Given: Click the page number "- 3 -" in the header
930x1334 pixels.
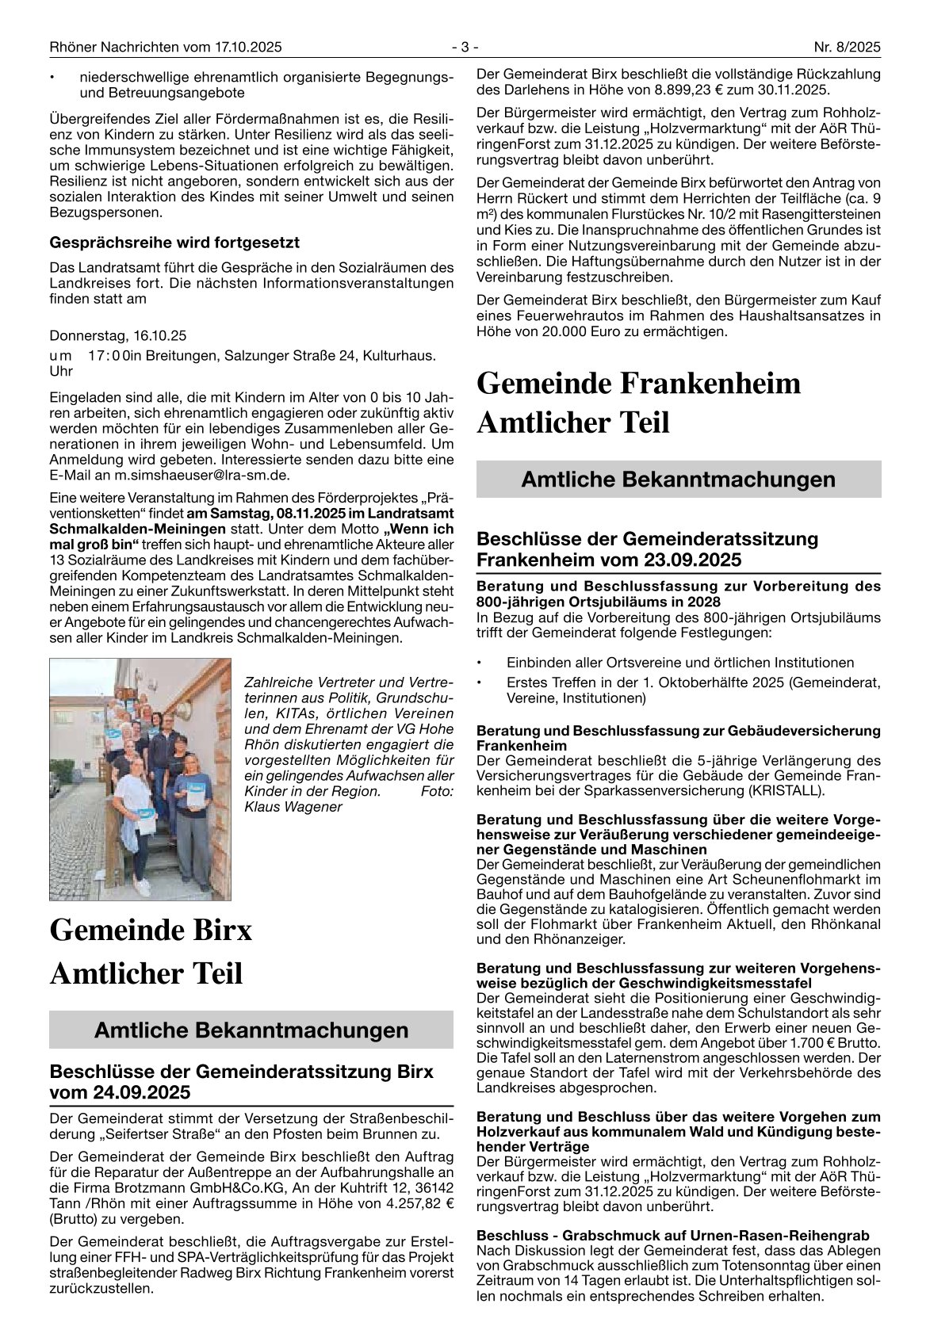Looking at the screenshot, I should tap(465, 48).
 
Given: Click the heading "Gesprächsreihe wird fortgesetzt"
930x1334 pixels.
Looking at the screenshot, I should tap(174, 242).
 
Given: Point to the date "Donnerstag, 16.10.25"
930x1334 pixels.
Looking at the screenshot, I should tap(118, 335).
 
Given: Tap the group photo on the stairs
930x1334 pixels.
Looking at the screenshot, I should tap(140, 778).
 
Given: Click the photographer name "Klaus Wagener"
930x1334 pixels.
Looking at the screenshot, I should tap(293, 807).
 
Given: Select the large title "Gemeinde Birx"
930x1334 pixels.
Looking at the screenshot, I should tap(151, 930).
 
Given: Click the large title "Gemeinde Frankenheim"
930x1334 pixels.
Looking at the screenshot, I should tap(639, 384).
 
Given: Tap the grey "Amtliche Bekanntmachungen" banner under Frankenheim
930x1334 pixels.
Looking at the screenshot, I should tap(679, 480).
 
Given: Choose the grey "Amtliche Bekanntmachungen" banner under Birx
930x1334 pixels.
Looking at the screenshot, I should tap(251, 1030).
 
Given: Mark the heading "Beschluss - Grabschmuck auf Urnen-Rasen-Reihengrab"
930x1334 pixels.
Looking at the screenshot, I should tap(673, 1235).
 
